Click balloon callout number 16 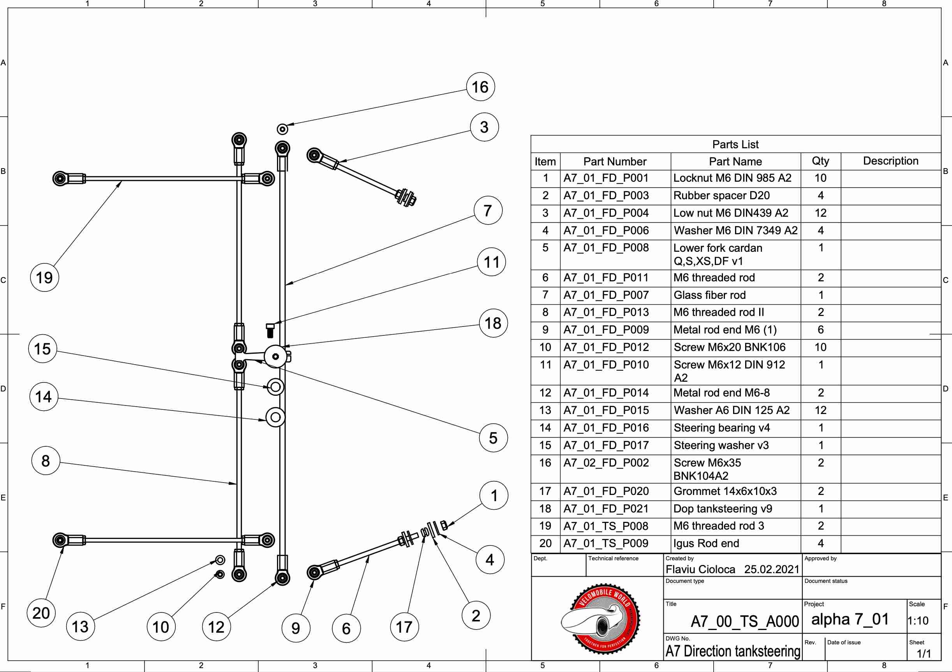point(481,87)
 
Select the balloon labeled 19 point(44,277)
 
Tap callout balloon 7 point(488,211)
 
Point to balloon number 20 point(41,613)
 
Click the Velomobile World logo point(600,619)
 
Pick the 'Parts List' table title point(735,144)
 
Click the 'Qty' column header point(821,161)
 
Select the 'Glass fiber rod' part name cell point(709,295)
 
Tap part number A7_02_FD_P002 point(606,462)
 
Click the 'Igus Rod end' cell point(706,543)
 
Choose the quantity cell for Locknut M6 point(821,178)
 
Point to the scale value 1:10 point(918,621)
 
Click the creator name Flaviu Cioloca point(700,569)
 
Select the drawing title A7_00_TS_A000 point(745,621)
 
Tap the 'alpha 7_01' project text point(850,619)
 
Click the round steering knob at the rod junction point(275,356)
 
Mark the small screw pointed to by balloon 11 point(270,331)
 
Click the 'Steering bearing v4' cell point(721,428)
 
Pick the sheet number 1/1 point(924,654)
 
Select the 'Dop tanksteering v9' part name point(723,508)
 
